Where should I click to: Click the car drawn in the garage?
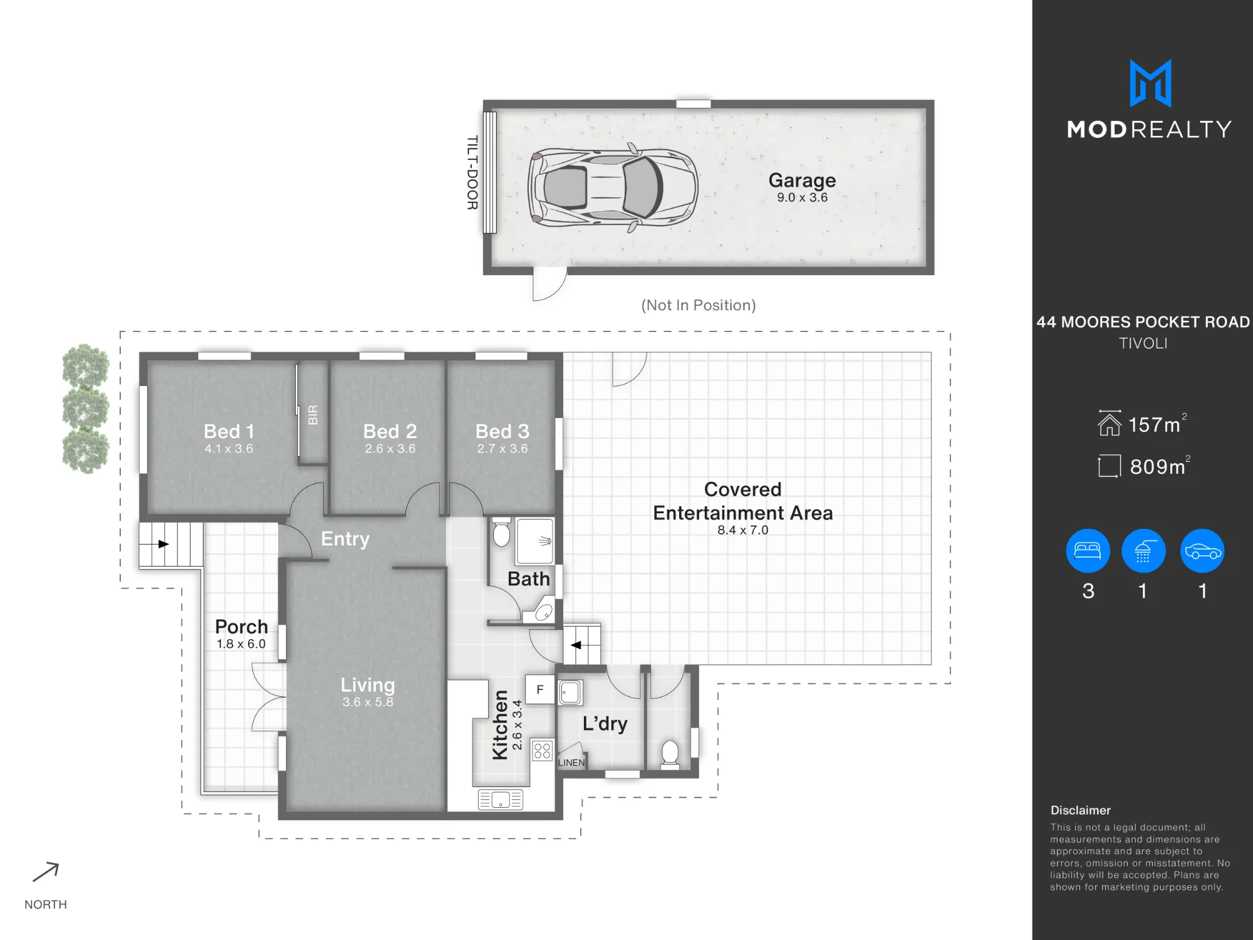point(613,187)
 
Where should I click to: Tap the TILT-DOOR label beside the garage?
point(472,172)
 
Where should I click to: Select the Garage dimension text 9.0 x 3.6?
point(802,197)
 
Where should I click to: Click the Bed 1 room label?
point(229,431)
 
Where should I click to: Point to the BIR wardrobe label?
point(313,415)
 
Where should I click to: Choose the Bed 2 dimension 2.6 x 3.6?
point(390,449)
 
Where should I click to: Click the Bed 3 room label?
point(502,431)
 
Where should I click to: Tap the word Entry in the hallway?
point(345,539)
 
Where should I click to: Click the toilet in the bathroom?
point(501,532)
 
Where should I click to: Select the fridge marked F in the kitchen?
point(540,689)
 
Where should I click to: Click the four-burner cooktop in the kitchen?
point(542,750)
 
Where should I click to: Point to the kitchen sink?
point(500,800)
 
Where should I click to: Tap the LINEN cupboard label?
point(571,763)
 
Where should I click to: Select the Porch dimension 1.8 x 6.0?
point(241,644)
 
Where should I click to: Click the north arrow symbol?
point(46,872)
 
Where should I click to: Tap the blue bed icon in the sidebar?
point(1088,551)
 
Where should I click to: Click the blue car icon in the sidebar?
point(1202,551)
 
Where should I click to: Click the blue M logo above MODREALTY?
point(1150,83)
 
